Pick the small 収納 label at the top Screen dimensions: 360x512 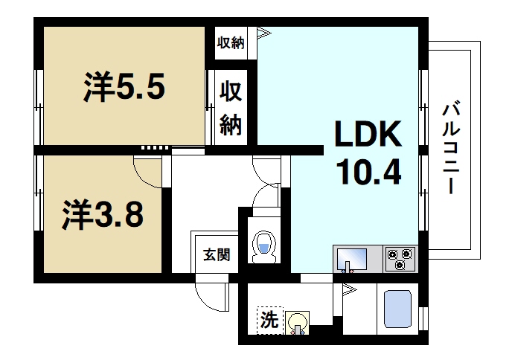pyautogui.click(x=231, y=42)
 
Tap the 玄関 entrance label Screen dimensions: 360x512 pyautogui.click(x=217, y=254)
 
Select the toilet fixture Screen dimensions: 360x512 pyautogui.click(x=263, y=246)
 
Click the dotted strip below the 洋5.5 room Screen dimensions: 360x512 pyautogui.click(x=154, y=147)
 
